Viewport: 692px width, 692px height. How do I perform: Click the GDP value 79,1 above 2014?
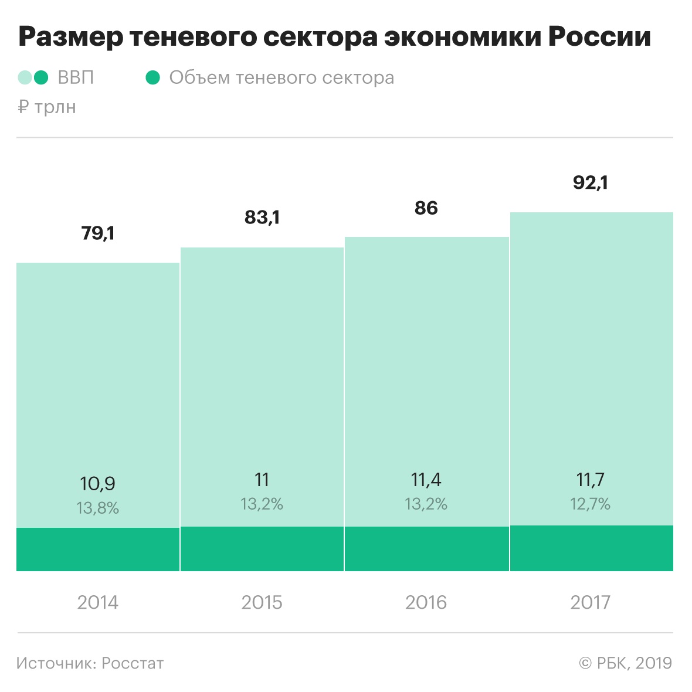pyautogui.click(x=98, y=233)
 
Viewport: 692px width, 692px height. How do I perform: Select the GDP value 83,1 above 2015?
pyautogui.click(x=262, y=218)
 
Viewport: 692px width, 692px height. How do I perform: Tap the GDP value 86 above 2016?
pyautogui.click(x=426, y=208)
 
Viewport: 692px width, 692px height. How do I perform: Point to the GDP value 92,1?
pyautogui.click(x=591, y=183)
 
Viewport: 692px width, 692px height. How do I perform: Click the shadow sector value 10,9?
pyautogui.click(x=98, y=484)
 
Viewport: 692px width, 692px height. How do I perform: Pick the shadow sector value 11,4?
pyautogui.click(x=426, y=480)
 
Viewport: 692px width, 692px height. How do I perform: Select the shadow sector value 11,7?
pyautogui.click(x=591, y=480)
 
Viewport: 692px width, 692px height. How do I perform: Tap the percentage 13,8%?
pyautogui.click(x=98, y=508)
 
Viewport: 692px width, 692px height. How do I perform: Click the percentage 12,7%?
pyautogui.click(x=591, y=504)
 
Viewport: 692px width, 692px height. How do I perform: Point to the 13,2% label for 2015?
pyautogui.click(x=262, y=504)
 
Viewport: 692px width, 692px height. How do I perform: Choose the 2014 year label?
pyautogui.click(x=98, y=602)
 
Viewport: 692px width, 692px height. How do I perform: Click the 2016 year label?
pyautogui.click(x=426, y=602)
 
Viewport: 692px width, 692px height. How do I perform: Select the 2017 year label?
pyautogui.click(x=591, y=602)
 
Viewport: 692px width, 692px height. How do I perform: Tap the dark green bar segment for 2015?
pyautogui.click(x=262, y=549)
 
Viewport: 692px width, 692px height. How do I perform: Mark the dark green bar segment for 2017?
pyautogui.click(x=591, y=548)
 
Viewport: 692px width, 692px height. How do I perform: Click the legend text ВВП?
pyautogui.click(x=76, y=78)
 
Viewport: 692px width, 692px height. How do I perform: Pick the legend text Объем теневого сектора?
pyautogui.click(x=281, y=78)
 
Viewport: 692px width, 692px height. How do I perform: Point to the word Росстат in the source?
pyautogui.click(x=133, y=663)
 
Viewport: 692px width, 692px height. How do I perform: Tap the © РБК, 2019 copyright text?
pyautogui.click(x=625, y=663)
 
